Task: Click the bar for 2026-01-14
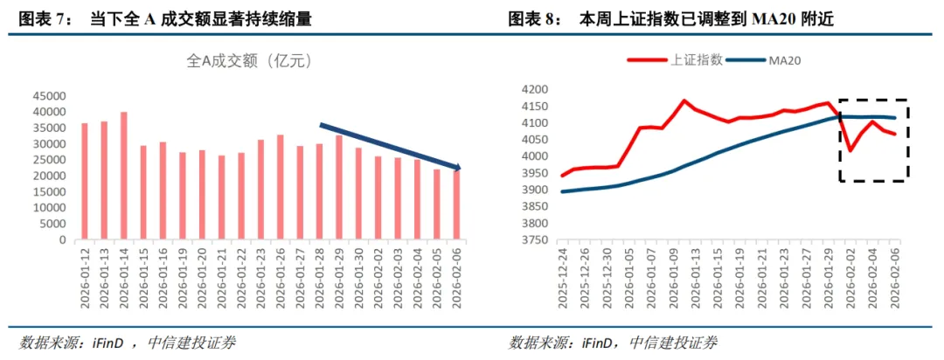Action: point(124,176)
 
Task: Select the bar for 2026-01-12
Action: point(85,181)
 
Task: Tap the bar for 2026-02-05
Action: point(436,204)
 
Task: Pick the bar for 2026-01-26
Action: point(280,187)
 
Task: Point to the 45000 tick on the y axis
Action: point(52,96)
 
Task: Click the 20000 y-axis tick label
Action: point(52,177)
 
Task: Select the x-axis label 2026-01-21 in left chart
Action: point(222,273)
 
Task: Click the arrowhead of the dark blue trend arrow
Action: point(457,167)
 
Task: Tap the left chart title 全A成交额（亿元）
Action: point(250,61)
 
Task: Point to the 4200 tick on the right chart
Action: point(536,89)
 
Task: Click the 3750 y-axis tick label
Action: point(536,239)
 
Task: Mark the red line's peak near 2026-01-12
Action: point(684,100)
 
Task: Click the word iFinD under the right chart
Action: point(599,342)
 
